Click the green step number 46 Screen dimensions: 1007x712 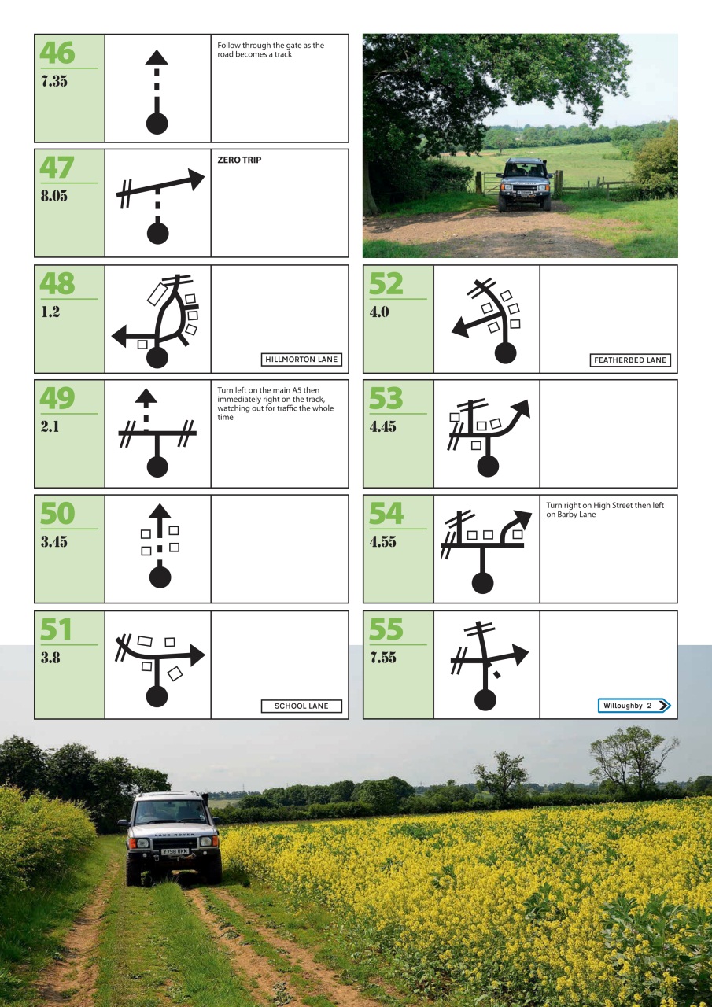point(57,53)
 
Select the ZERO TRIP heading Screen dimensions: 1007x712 point(239,160)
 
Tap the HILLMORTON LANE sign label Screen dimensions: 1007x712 point(301,360)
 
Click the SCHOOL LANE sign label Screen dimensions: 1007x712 point(301,706)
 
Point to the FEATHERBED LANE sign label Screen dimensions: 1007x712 point(630,360)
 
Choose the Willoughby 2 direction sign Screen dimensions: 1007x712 point(634,706)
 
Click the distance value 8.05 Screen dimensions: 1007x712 point(54,196)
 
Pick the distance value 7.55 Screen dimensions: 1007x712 point(383,658)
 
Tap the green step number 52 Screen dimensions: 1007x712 point(386,284)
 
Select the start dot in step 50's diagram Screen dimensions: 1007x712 point(160,577)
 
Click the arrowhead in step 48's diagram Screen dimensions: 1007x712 point(120,337)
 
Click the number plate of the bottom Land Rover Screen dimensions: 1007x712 point(174,851)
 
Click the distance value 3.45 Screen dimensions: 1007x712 point(54,542)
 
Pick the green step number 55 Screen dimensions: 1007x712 point(386,630)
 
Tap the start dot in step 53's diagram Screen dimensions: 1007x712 point(488,467)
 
